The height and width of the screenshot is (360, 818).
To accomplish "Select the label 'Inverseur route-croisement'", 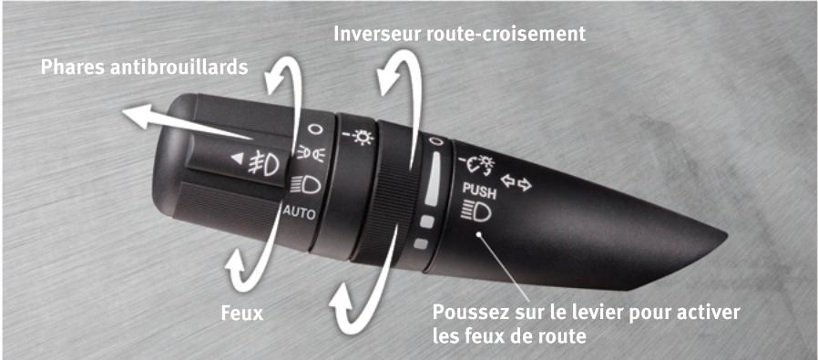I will pyautogui.click(x=459, y=34).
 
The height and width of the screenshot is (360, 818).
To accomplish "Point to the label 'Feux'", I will pyautogui.click(x=241, y=314).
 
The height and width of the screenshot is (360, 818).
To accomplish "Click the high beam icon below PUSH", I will pyautogui.click(x=477, y=213).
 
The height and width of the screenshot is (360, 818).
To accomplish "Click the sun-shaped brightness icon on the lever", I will pyautogui.click(x=362, y=138).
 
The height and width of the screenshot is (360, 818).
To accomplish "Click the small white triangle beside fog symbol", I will pyautogui.click(x=239, y=160).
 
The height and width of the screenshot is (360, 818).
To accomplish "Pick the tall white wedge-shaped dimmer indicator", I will pyautogui.click(x=433, y=179).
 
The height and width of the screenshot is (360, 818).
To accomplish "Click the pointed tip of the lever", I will pyautogui.click(x=724, y=240).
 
